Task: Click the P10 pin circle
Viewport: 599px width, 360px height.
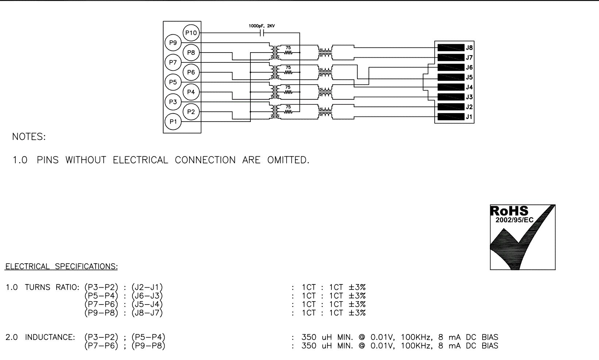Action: click(x=191, y=33)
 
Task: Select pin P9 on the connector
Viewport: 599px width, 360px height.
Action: click(x=173, y=43)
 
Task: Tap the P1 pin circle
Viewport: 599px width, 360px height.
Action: click(x=173, y=122)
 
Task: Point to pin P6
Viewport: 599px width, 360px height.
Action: click(x=191, y=72)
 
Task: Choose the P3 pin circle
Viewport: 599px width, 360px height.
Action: click(x=173, y=102)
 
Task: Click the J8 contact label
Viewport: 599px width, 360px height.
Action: click(x=469, y=48)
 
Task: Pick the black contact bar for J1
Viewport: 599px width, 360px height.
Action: click(x=450, y=117)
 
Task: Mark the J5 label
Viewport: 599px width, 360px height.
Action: click(x=469, y=77)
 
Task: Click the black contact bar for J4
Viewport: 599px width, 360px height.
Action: click(x=450, y=87)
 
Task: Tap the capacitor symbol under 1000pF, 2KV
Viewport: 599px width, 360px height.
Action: click(x=261, y=33)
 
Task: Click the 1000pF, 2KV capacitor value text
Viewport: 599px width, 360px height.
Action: click(x=262, y=26)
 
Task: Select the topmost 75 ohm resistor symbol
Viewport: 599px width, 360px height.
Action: click(x=288, y=53)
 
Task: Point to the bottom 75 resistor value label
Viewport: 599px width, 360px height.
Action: click(x=288, y=107)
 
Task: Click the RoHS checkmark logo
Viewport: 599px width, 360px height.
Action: click(x=522, y=237)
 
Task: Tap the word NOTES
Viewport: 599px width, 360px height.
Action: click(x=29, y=137)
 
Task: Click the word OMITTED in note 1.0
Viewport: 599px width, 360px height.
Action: click(x=288, y=160)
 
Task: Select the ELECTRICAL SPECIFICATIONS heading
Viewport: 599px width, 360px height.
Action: click(x=61, y=267)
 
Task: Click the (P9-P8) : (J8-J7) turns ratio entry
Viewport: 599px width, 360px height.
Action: click(x=123, y=313)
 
